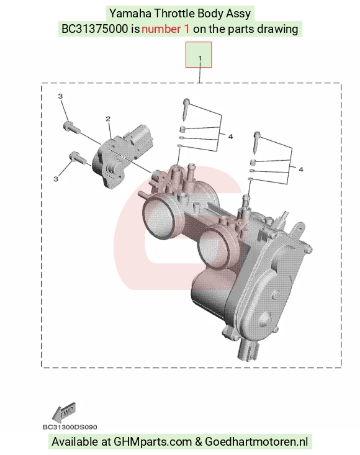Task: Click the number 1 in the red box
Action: coord(200,58)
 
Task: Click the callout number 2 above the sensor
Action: coord(108,119)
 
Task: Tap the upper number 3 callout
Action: coord(60,96)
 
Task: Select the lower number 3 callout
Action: coord(56,179)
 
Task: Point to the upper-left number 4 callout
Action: coord(230,137)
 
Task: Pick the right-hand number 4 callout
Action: coord(301,169)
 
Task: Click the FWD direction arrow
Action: coord(64,412)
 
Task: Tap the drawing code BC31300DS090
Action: coord(70,427)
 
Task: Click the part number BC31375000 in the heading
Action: coord(95,29)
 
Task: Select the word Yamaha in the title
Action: coord(130,14)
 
